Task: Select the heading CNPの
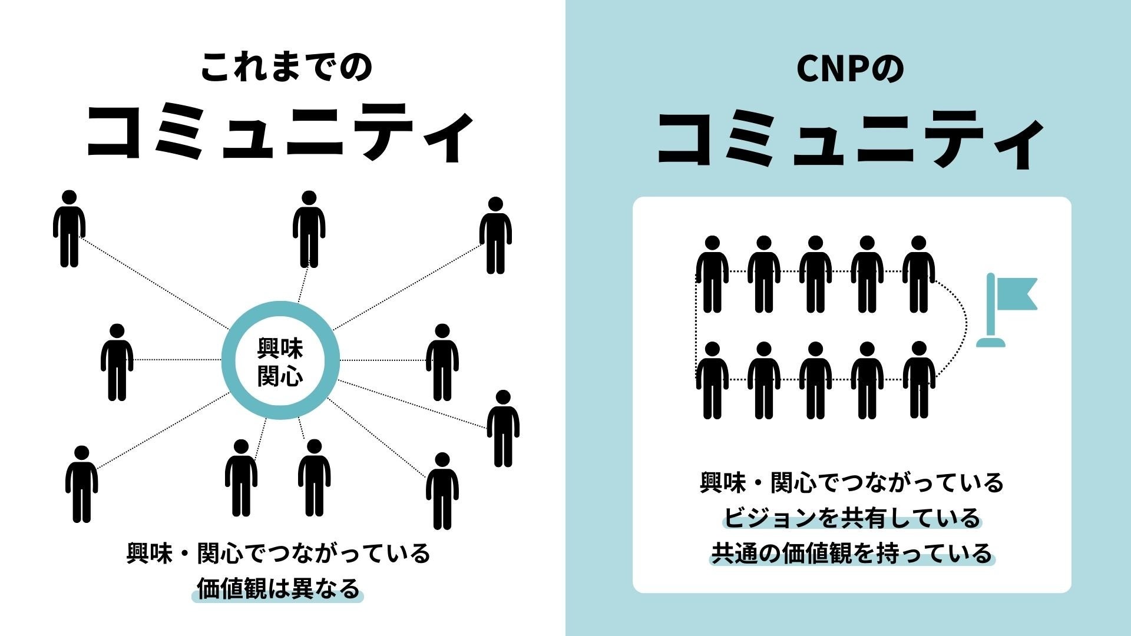pos(849,69)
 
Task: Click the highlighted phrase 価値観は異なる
pos(278,589)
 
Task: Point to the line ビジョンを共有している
pos(851,518)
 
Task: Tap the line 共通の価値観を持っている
pos(852,554)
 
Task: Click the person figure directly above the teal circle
pos(309,230)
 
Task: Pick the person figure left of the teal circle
pos(117,362)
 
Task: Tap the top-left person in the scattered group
pos(70,228)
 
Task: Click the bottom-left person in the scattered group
pos(81,484)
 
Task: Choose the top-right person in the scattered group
pos(495,236)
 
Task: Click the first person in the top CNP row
pos(712,274)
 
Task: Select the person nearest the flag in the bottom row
pos(919,380)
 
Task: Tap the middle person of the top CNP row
pos(815,274)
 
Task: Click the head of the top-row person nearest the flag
pos(919,243)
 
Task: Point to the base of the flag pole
pos(991,342)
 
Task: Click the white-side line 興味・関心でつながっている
pos(278,554)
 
